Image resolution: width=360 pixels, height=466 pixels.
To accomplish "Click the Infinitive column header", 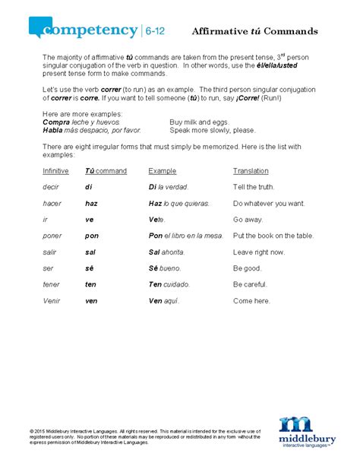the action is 55,171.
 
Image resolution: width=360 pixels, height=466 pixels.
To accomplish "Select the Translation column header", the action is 251,171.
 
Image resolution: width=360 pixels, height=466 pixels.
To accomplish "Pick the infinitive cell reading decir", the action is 52,187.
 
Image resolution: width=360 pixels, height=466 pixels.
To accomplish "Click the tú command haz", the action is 92,203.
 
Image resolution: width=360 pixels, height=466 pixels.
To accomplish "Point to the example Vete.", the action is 159,220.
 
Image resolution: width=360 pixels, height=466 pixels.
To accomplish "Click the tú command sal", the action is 90,252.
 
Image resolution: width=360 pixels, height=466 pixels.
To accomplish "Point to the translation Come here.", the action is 251,300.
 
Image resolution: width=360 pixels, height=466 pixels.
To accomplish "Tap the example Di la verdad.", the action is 168,187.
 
